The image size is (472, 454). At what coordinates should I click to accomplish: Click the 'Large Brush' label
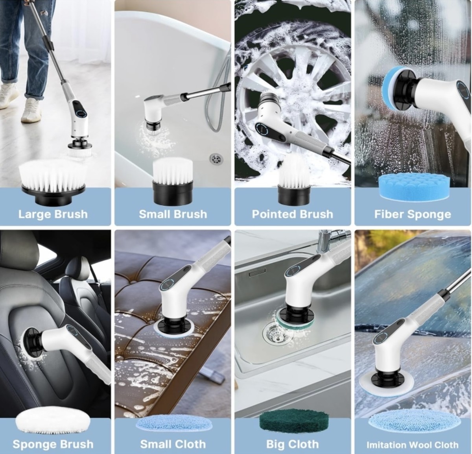[x=53, y=214]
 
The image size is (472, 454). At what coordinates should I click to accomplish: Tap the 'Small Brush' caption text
[x=173, y=214]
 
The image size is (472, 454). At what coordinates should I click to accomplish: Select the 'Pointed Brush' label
[x=292, y=214]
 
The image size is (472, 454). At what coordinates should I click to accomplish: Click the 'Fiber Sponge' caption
[x=413, y=214]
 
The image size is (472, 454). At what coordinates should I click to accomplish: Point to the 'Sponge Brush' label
[x=53, y=445]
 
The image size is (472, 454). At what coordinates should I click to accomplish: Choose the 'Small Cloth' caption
[x=173, y=445]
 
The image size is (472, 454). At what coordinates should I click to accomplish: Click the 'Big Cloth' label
[x=292, y=445]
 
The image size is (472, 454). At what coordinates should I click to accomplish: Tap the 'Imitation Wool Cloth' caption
[x=413, y=445]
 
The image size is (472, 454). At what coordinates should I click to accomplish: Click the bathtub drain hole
[x=216, y=159]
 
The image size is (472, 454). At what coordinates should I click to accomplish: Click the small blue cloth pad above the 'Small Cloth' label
[x=173, y=424]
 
